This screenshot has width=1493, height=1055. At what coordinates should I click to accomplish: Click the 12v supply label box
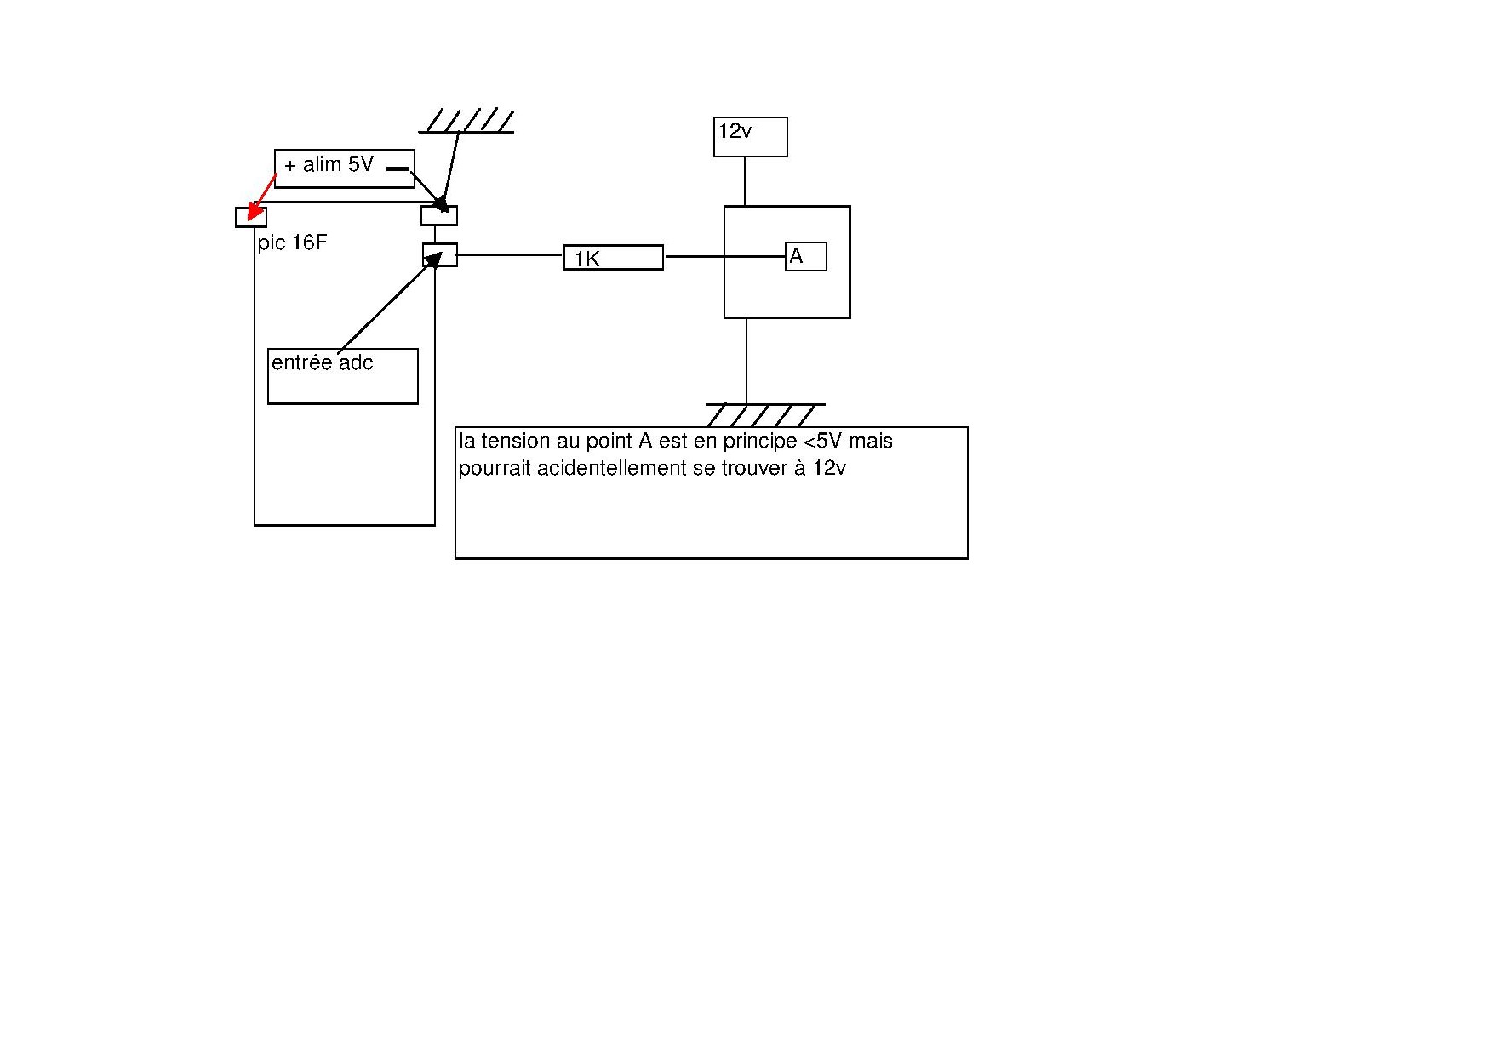[x=750, y=137]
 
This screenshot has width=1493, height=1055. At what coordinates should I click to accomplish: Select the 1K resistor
[x=613, y=258]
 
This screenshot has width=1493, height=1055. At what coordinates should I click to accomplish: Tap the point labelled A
[x=805, y=256]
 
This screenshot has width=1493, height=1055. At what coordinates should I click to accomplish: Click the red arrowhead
[x=255, y=214]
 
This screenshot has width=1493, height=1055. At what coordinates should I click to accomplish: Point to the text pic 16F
[x=292, y=243]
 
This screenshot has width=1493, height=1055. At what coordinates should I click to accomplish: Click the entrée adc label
[x=322, y=363]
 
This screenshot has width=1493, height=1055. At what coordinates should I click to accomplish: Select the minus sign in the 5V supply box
[x=398, y=168]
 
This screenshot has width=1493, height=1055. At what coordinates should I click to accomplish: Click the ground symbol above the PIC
[x=466, y=122]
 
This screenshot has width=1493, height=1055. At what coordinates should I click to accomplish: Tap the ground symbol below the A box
[x=764, y=414]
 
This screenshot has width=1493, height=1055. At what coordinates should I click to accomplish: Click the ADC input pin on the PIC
[x=440, y=255]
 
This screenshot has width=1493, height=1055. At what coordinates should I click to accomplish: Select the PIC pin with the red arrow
[x=250, y=217]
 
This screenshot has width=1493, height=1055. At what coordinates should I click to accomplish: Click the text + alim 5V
[x=329, y=164]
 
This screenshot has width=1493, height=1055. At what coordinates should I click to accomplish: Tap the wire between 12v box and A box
[x=745, y=181]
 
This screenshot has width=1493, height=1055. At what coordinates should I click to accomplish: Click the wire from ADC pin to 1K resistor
[x=510, y=254]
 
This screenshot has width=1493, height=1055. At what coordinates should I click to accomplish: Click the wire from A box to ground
[x=746, y=361]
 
